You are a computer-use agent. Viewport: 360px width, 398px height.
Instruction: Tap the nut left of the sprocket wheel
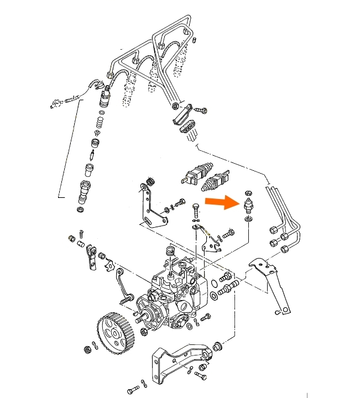pos(87,349)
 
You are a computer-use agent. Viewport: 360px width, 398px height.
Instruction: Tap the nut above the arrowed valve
pos(248,192)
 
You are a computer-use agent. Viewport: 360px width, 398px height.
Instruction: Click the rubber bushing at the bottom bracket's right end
pos(218,345)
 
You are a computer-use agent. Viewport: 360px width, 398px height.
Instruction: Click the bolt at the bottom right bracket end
pos(200,375)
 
